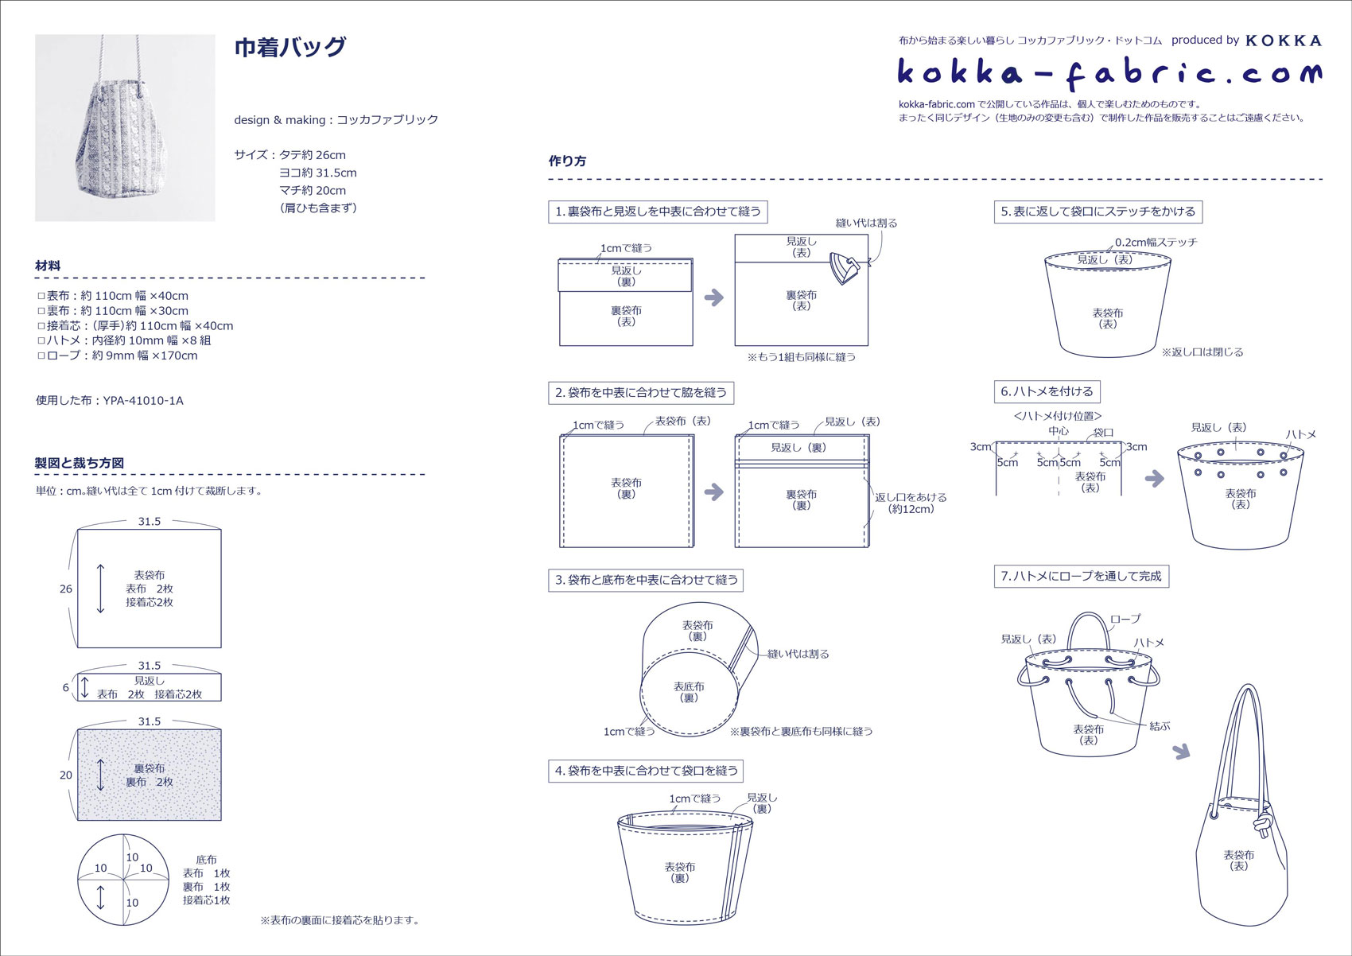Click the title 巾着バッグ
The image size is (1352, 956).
pos(289,47)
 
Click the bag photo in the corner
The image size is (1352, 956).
pos(125,127)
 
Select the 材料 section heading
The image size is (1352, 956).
pos(48,266)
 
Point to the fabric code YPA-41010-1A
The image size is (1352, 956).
pos(143,400)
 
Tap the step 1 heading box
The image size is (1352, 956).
pos(658,212)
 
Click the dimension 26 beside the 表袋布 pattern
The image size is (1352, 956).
pos(66,589)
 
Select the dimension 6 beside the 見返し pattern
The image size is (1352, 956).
pos(66,687)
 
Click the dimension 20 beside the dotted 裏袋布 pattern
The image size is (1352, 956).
pos(66,775)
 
